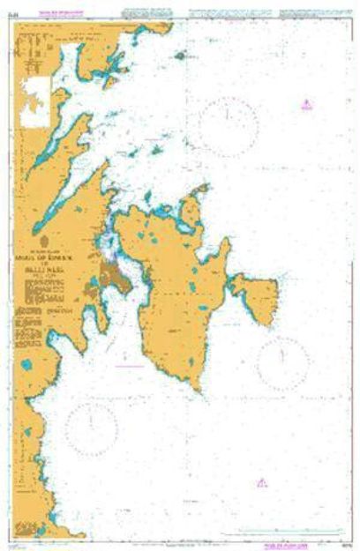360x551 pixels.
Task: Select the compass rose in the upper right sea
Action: click(228, 126)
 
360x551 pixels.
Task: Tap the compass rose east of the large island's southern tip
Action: click(283, 363)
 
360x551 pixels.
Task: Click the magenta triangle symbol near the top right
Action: click(305, 104)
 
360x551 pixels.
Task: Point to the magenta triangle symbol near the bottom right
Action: click(261, 482)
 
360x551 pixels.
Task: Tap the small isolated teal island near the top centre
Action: click(180, 55)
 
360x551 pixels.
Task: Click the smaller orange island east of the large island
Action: click(256, 297)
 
